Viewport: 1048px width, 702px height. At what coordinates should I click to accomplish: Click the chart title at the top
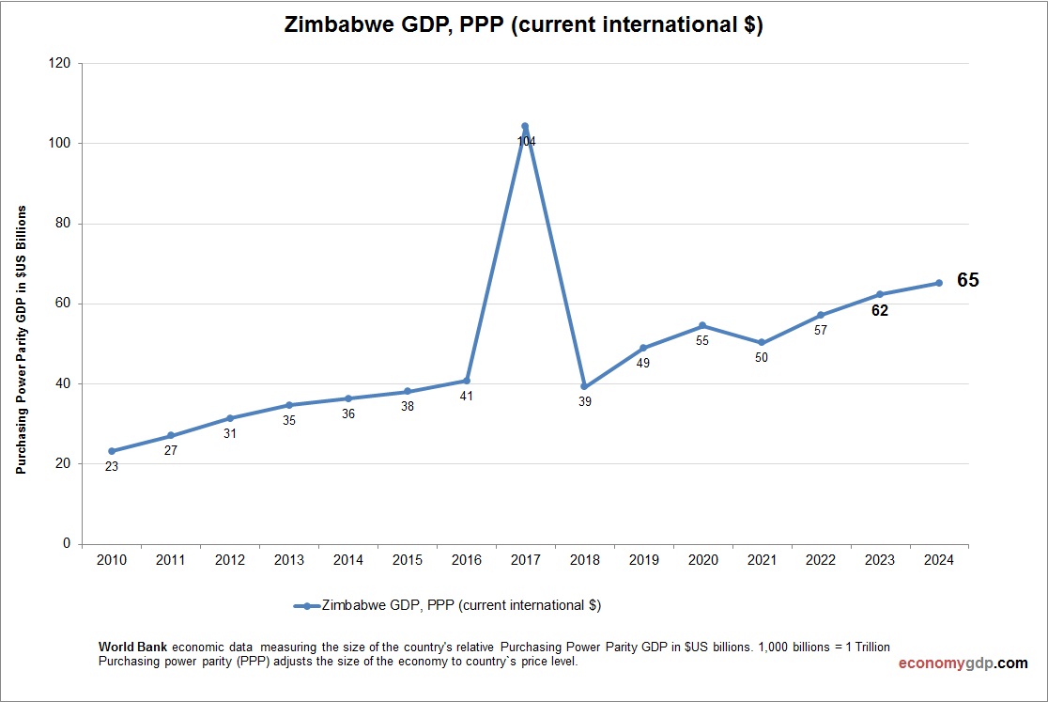[x=523, y=26]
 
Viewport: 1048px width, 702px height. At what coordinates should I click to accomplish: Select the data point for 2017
[x=525, y=126]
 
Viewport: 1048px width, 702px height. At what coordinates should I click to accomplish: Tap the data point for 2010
[x=112, y=451]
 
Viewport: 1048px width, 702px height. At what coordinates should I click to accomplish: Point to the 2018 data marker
[x=584, y=386]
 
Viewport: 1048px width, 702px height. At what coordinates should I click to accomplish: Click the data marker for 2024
[x=938, y=283]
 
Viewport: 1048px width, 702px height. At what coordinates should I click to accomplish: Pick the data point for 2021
[x=762, y=343]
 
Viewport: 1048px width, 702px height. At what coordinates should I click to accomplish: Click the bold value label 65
[x=967, y=280]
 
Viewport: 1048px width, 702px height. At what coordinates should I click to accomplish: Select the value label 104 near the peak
[x=526, y=142]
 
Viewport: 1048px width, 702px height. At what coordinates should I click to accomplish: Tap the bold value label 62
[x=880, y=311]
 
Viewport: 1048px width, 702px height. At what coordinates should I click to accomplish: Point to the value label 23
[x=112, y=466]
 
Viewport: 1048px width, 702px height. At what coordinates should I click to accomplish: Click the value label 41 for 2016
[x=467, y=397]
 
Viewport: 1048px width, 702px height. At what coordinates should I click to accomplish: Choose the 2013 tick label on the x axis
[x=289, y=560]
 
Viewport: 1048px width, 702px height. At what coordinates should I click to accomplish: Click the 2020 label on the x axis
[x=702, y=560]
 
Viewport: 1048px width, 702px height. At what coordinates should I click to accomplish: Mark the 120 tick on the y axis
[x=61, y=63]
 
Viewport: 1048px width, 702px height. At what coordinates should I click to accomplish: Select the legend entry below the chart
[x=448, y=606]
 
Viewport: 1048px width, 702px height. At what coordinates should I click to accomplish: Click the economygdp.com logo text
[x=963, y=663]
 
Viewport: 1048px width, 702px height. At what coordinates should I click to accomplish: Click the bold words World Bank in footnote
[x=133, y=647]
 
